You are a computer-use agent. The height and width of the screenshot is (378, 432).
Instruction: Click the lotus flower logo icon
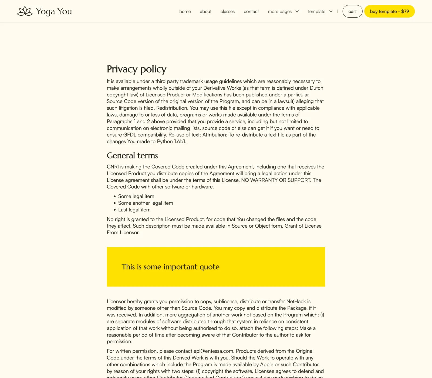(x=25, y=11)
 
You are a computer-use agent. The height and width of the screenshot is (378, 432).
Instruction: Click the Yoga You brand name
(x=54, y=12)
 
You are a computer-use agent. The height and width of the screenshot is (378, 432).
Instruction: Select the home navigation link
(x=185, y=12)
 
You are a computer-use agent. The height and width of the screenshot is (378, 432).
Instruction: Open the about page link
(x=205, y=12)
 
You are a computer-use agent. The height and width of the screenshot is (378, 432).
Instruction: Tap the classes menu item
(x=227, y=12)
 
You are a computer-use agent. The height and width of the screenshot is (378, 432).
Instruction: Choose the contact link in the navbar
(x=251, y=12)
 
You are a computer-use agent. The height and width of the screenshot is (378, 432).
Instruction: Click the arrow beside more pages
(x=297, y=11)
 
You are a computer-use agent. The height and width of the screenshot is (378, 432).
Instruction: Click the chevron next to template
(x=331, y=11)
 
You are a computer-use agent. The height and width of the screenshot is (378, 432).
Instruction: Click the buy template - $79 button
(x=389, y=11)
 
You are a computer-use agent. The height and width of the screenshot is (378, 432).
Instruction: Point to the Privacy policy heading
(x=136, y=69)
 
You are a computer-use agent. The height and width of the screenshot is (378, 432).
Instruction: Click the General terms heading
(x=132, y=156)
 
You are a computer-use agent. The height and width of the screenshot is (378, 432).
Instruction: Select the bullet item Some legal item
(x=136, y=196)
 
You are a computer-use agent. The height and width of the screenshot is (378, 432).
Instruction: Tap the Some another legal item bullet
(x=146, y=203)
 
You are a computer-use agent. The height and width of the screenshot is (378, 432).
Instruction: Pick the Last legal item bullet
(x=134, y=210)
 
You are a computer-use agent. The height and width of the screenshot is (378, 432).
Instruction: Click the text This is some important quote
(x=170, y=267)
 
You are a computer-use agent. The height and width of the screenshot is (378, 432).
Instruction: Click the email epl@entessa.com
(x=213, y=351)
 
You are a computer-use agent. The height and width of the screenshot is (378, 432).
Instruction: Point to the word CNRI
(x=113, y=167)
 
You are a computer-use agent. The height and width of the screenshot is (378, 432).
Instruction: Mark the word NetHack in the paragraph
(x=296, y=301)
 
